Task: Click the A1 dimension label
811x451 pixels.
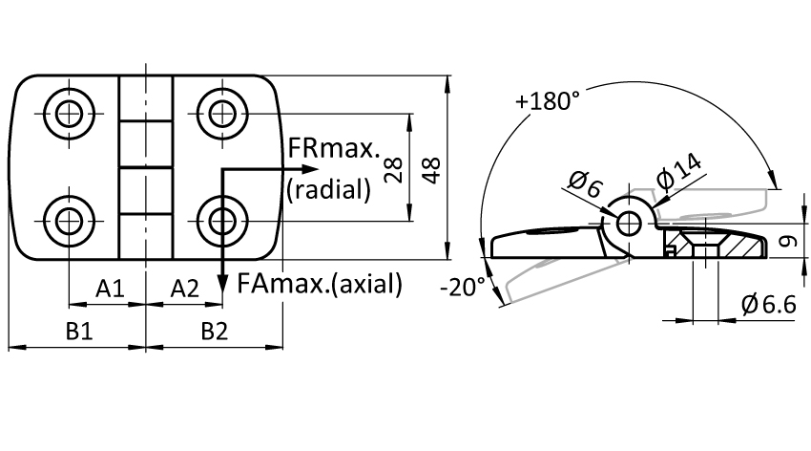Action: [110, 289]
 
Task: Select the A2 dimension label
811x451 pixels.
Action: [185, 289]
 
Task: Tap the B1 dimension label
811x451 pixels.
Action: [79, 331]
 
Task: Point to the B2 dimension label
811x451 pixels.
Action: [215, 331]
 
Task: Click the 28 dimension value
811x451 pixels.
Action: [393, 170]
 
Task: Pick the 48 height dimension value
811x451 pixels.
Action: [431, 170]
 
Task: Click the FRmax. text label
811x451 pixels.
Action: [334, 149]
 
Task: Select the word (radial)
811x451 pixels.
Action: [329, 189]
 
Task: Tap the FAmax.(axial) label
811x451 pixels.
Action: [319, 285]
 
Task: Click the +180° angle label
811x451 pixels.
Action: [548, 100]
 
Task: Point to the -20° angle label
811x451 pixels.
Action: [463, 287]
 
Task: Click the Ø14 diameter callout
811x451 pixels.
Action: [679, 171]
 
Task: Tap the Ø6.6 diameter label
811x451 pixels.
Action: [769, 305]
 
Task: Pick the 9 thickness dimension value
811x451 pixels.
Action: [788, 241]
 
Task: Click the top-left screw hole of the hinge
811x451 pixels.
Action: [70, 114]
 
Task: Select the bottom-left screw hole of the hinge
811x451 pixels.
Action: [70, 221]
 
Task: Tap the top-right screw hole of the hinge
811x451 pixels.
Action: [222, 114]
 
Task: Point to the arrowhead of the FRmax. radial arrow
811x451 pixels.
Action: [309, 169]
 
